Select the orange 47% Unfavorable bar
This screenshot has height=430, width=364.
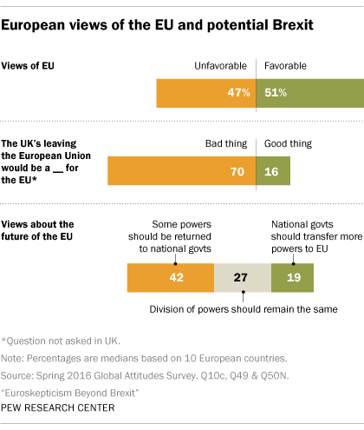[206, 93]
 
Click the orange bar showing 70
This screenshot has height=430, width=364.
[182, 172]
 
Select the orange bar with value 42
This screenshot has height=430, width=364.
[170, 277]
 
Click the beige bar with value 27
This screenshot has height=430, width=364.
[243, 277]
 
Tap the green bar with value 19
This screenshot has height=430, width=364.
[292, 277]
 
